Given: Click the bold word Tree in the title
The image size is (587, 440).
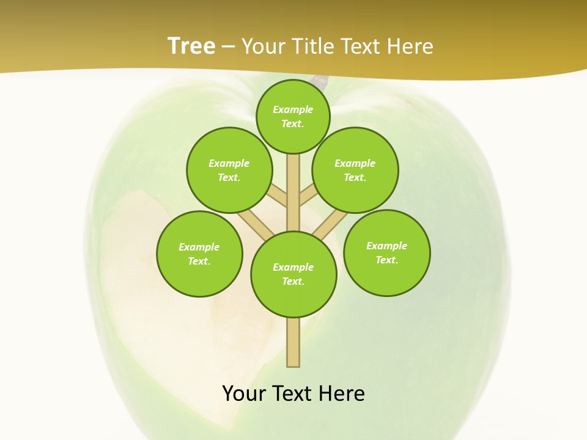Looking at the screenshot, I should click(x=191, y=46).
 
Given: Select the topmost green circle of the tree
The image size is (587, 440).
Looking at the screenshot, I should click(x=293, y=116).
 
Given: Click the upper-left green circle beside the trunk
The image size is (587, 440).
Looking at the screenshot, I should click(x=229, y=170).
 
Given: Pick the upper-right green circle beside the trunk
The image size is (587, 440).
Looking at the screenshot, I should click(x=355, y=170).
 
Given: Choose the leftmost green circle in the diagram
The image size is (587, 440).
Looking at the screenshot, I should click(x=199, y=254).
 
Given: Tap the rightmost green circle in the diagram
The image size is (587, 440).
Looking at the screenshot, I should click(x=387, y=252).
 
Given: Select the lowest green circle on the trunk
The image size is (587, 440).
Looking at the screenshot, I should click(x=293, y=274).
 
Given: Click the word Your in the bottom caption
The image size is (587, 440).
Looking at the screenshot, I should click(x=243, y=394).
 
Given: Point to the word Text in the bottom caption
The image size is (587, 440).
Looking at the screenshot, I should click(x=292, y=394).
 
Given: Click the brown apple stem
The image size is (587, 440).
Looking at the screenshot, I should click(x=320, y=81).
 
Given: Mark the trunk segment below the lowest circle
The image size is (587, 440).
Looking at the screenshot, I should click(x=293, y=342).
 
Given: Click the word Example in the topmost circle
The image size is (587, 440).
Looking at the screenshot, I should click(x=293, y=109).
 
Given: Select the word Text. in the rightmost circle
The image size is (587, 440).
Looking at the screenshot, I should click(x=386, y=260).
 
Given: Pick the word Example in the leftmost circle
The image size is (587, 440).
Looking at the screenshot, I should click(x=199, y=247).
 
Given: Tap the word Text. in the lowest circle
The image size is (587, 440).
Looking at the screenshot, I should click(x=293, y=281).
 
